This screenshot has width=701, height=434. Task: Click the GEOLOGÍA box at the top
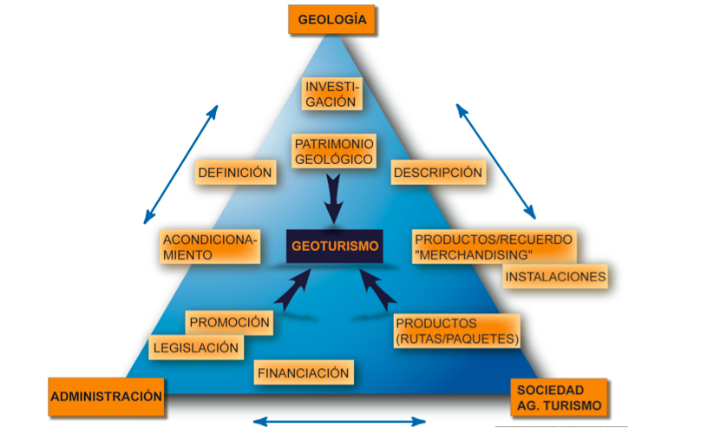point(331,19)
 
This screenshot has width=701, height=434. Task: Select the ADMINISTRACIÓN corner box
point(107,396)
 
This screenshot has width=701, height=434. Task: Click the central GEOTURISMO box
point(335,246)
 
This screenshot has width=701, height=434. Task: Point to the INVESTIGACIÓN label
point(331,94)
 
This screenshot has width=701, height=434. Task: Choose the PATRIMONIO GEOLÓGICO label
point(334,151)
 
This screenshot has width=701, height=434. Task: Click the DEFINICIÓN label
point(235,173)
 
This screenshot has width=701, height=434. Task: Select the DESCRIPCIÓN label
point(437,173)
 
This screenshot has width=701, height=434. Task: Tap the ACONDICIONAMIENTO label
point(210,247)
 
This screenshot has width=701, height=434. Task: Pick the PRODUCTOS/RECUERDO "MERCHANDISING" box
point(493,246)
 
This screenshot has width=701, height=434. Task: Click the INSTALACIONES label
point(555,277)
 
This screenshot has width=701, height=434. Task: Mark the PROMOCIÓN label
point(230,322)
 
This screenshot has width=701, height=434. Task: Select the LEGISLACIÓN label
point(195,347)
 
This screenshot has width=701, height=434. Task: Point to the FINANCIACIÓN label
point(303,373)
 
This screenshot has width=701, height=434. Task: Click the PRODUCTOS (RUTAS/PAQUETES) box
point(457,330)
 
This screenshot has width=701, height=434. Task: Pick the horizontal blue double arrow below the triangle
point(340,422)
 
